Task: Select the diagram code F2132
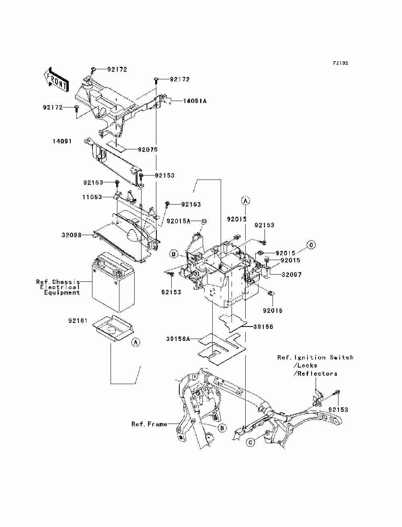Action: point(340,63)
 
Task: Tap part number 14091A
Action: point(195,101)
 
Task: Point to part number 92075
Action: point(148,150)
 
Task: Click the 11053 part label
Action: point(92,197)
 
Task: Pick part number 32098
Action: point(72,235)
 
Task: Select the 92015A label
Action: point(178,221)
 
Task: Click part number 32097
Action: point(291,275)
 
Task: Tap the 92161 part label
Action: point(78,321)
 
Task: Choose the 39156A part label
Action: point(178,339)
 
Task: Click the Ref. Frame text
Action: point(149,424)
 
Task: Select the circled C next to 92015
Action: point(311,245)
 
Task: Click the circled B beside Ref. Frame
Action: point(222,428)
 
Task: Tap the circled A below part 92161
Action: point(136,342)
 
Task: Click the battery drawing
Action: point(113,282)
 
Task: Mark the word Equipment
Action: point(62,293)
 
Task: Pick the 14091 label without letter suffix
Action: point(62,141)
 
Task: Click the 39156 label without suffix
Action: point(263,327)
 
